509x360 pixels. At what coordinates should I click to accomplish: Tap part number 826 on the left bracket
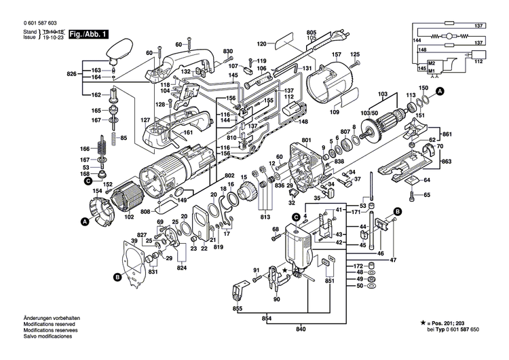[x=71, y=73]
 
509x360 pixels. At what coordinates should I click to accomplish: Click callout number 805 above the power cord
[x=312, y=33]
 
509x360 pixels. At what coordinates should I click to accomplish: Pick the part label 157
[x=336, y=54]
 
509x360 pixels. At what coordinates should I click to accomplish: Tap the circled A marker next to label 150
[x=440, y=90]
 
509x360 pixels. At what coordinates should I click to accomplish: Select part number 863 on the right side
[x=446, y=164]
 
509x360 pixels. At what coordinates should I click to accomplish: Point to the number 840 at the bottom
[x=301, y=330]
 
